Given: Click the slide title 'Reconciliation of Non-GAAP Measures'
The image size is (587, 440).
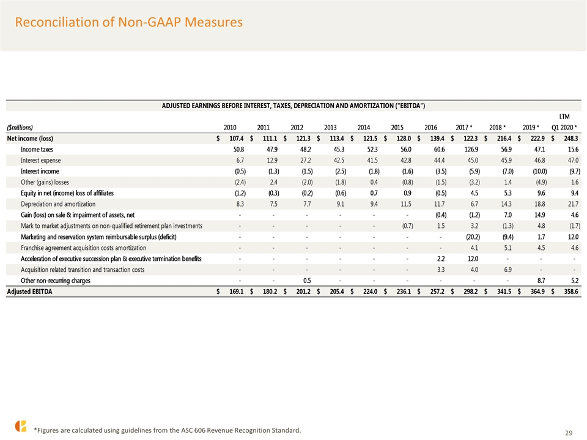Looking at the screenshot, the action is (x=129, y=22).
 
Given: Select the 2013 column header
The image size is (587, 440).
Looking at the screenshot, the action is (x=330, y=128).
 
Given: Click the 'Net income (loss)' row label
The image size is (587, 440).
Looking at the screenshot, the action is (x=30, y=139).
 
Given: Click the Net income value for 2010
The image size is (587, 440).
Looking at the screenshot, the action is (x=236, y=139).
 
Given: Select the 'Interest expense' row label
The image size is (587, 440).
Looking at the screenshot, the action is (x=40, y=160).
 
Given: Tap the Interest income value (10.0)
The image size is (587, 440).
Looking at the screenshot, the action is (x=539, y=171).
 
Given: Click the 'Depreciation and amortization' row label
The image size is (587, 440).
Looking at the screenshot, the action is (x=58, y=204).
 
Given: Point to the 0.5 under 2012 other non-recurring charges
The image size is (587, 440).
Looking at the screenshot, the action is (x=307, y=280).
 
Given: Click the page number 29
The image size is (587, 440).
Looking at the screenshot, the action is (x=568, y=433).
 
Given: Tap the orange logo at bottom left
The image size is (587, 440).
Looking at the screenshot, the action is (x=21, y=426).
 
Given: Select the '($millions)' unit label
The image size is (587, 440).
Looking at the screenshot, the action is (x=20, y=128).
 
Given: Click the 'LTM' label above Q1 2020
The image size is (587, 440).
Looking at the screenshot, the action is (x=564, y=117).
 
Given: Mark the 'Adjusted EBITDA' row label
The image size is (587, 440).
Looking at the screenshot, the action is (x=29, y=291).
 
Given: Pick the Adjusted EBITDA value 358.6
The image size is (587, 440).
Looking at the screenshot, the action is (x=571, y=291).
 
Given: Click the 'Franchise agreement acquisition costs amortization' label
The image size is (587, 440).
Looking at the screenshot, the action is (x=84, y=248).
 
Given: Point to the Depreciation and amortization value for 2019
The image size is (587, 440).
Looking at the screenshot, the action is (x=539, y=204).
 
